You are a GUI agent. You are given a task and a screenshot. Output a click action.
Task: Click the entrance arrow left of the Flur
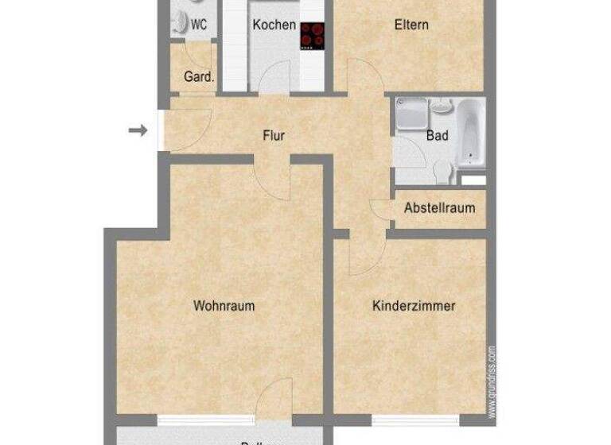pos(138,130)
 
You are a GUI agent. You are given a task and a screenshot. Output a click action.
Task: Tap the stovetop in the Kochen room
pos(312,36)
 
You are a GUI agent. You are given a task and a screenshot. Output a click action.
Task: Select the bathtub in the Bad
pos(469,133)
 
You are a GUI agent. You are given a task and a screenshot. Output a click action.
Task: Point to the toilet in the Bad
pos(443,170)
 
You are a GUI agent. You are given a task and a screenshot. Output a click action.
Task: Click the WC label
pos(198,25)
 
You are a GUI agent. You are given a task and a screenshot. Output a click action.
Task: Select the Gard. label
pos(199,77)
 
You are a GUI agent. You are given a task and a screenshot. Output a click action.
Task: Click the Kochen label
pos(274,25)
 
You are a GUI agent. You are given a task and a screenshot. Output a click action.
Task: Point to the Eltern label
pos(411,25)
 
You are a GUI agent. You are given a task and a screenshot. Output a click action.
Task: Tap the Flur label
pos(274,135)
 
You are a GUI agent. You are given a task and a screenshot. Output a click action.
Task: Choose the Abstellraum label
pos(439,209)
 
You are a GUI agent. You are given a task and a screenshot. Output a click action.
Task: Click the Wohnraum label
pos(224,305)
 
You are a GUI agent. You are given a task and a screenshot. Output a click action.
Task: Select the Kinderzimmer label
pos(414,305)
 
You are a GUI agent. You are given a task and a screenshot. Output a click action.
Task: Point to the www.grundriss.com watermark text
pos(492,381)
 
